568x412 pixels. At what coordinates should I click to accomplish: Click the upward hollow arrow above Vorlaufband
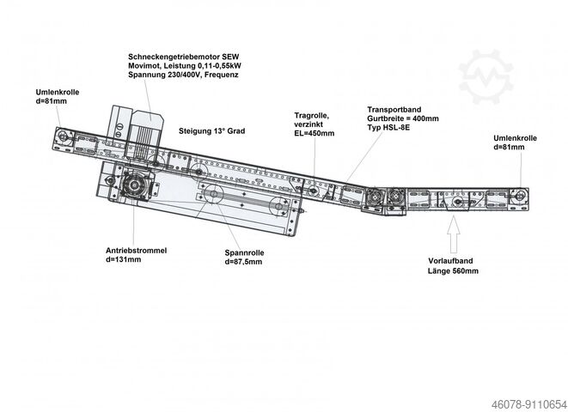(x=454, y=230)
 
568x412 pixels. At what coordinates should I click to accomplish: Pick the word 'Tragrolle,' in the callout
(x=311, y=115)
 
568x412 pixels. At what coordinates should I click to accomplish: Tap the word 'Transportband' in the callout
(x=394, y=111)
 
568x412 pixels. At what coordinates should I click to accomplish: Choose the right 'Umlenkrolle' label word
(x=516, y=137)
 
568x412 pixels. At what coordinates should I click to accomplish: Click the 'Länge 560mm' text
(x=453, y=271)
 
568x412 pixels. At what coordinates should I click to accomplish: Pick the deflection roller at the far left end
(x=64, y=136)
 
